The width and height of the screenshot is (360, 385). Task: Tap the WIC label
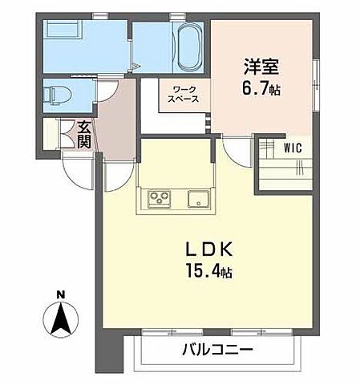293,148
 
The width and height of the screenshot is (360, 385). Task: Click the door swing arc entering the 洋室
237,152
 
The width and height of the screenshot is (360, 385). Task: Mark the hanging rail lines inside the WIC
297,168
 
